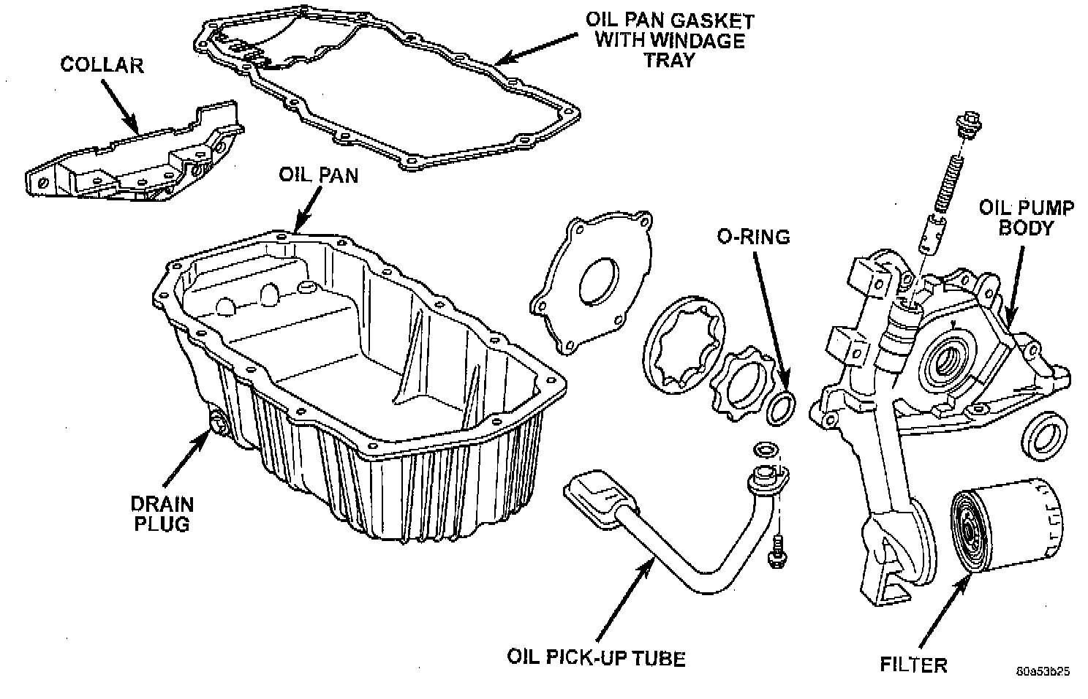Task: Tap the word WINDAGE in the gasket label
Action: [x=670, y=40]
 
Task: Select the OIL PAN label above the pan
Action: [x=318, y=175]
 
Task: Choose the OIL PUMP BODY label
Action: [x=1026, y=217]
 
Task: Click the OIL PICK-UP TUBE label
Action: [x=596, y=657]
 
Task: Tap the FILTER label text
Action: [x=914, y=665]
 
